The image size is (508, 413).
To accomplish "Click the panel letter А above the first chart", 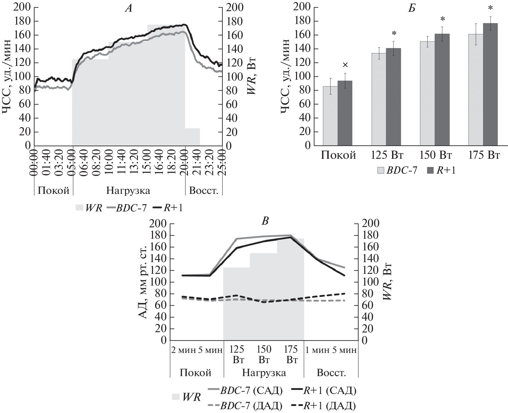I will point(129,8).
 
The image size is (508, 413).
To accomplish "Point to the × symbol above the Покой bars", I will point(345,65).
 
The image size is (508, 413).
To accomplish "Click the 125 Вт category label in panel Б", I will point(387,155).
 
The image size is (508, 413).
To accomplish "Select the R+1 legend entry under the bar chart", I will point(441,170).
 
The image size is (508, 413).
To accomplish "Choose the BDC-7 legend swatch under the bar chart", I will point(381,170).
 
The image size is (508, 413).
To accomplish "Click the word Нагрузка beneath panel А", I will point(128,191).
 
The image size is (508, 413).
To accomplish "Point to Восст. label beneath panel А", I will point(204,191).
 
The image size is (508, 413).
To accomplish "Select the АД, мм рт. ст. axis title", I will point(143,282).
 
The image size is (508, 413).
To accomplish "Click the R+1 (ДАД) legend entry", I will point(324,406).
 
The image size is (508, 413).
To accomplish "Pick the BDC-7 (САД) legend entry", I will point(245,390).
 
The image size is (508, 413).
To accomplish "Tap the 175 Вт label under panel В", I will point(291,354).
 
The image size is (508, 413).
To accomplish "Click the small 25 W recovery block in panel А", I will point(192,137).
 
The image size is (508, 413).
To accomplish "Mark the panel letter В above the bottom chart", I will point(265,221).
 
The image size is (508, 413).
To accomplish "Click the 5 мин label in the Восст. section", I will point(345,350).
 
